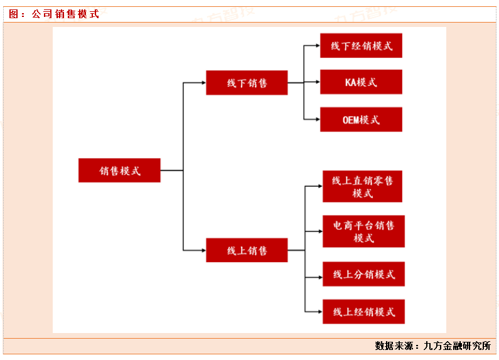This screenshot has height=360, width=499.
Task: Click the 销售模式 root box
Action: (x=119, y=170)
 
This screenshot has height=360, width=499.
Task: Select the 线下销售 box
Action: (x=247, y=83)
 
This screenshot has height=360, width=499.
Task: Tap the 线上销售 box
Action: (x=247, y=250)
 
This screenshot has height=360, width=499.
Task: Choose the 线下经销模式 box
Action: (x=361, y=46)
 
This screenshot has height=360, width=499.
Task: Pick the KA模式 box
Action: (x=361, y=82)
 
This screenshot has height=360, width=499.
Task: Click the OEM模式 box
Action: (x=361, y=119)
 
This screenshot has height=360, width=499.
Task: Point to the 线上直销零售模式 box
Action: (x=362, y=186)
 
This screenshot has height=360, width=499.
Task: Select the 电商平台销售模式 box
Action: (x=363, y=231)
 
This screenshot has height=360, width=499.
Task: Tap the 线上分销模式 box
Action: (x=363, y=275)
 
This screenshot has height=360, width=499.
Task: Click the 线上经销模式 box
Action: (x=363, y=312)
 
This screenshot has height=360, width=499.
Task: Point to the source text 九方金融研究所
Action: (x=457, y=346)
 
